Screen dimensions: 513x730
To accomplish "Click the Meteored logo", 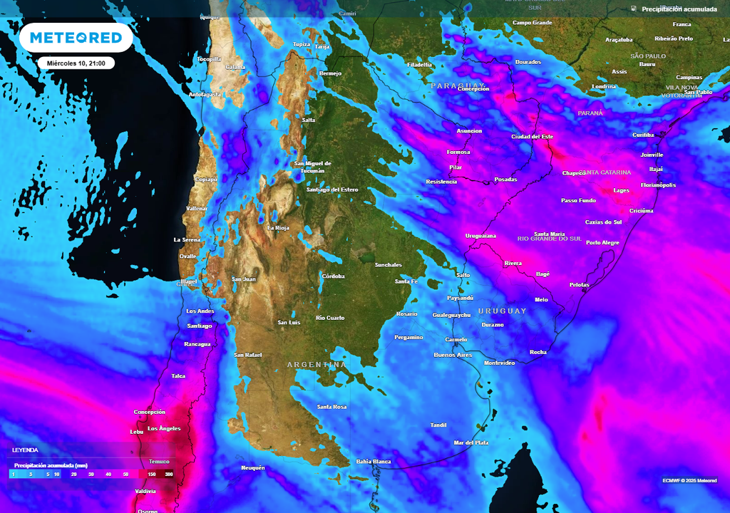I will (x=76, y=37).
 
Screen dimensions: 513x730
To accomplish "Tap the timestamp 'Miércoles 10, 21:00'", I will (x=76, y=63).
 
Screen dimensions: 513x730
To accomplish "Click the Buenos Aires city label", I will (x=453, y=355).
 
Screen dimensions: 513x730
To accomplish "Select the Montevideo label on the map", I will (x=499, y=363).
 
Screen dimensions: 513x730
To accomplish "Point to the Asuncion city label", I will (x=469, y=131).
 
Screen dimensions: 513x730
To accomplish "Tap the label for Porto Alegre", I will (x=602, y=243).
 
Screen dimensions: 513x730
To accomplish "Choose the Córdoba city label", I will (x=333, y=276).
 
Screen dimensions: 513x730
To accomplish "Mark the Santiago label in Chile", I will (x=199, y=326).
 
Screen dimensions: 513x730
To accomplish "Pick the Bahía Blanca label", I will (x=374, y=462).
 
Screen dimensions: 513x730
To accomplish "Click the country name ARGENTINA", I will (x=317, y=365).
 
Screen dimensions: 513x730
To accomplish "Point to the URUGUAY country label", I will (x=503, y=311).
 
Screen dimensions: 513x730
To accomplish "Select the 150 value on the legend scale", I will (x=152, y=474).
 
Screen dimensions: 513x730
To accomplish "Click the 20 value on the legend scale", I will (x=74, y=474).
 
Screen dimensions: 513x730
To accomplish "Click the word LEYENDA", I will (x=25, y=450).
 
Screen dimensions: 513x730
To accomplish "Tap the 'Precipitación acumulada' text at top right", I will (x=679, y=9).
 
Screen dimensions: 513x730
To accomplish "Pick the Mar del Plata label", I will (x=471, y=443).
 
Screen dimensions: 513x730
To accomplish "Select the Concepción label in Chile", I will (x=150, y=412).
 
